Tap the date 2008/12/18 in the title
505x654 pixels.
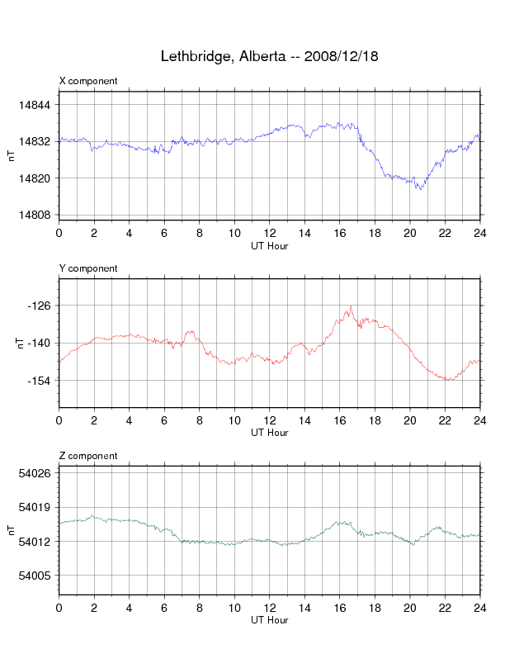(x=341, y=57)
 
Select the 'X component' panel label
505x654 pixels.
(x=88, y=81)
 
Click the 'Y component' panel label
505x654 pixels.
(x=88, y=268)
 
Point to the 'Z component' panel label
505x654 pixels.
(x=88, y=456)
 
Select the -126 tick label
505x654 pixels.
(x=40, y=306)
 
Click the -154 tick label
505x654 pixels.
(x=40, y=381)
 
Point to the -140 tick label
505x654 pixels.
(x=40, y=343)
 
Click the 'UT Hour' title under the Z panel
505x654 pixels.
(x=269, y=620)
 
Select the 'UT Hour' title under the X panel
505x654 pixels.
(x=269, y=245)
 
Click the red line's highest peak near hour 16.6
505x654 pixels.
(x=351, y=306)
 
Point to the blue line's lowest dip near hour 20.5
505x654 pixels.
(x=420, y=189)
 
